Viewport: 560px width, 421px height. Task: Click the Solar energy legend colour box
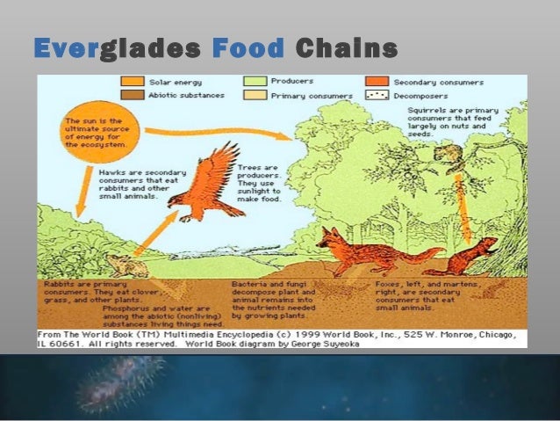133,82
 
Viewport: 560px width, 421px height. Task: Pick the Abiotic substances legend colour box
133,95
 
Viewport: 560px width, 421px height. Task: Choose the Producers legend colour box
255,82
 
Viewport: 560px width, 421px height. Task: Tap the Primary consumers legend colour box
255,95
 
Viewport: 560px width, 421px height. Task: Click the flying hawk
206,185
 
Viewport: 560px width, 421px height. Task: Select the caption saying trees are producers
258,178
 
